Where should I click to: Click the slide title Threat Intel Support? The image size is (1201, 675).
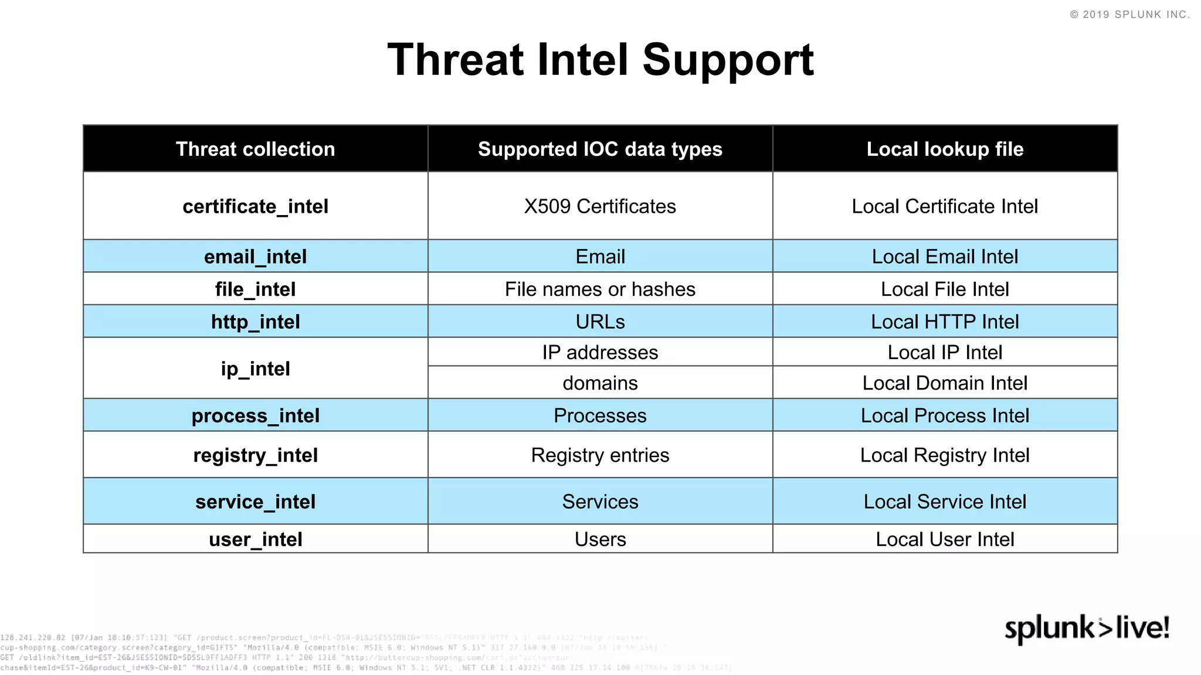click(x=600, y=60)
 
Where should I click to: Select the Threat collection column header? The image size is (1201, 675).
click(x=255, y=149)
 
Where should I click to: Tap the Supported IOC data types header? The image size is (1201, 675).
click(x=600, y=149)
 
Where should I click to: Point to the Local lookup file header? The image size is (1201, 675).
click(x=945, y=149)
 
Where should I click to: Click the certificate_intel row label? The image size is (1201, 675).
click(x=255, y=206)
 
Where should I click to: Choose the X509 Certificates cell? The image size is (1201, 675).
click(x=600, y=206)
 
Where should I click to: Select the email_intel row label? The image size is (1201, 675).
click(x=255, y=257)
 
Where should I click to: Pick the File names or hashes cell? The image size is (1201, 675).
click(x=600, y=289)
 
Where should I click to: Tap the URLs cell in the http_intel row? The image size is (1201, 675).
click(x=600, y=322)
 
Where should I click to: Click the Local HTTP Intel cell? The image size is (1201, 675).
click(x=945, y=322)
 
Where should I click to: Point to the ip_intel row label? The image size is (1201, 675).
click(x=255, y=369)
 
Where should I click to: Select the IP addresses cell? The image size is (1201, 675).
click(x=600, y=352)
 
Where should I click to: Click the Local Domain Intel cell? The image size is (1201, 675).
click(x=945, y=383)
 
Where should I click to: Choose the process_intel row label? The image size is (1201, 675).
click(x=255, y=415)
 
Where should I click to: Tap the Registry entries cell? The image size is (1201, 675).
click(x=600, y=455)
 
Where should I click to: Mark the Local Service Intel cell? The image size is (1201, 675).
click(x=945, y=502)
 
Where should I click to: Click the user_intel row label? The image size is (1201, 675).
click(x=255, y=539)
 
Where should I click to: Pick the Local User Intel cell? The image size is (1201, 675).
click(x=945, y=539)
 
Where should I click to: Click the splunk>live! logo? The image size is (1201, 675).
click(x=1087, y=628)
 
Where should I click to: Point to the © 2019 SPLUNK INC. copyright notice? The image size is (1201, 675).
click(x=1129, y=15)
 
